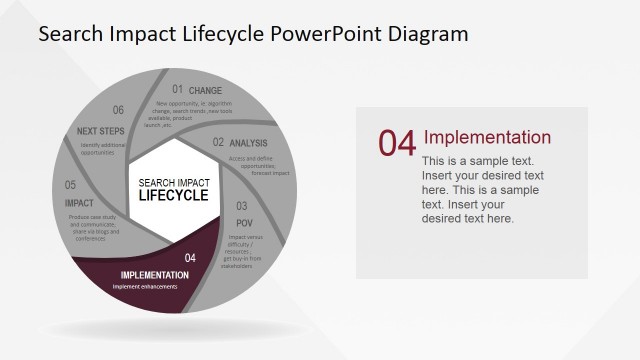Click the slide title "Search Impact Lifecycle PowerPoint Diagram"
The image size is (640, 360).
pos(252,34)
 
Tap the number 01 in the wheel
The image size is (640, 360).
pos(177,90)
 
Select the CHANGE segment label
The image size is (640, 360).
pos(206,91)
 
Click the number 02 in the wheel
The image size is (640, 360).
pos(218,143)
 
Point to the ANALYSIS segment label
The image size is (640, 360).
pos(248,144)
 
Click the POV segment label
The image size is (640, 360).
pos(243,222)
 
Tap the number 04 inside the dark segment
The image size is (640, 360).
pos(190,258)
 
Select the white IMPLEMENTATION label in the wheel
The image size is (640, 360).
pos(154,275)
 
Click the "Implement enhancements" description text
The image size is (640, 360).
pos(145,287)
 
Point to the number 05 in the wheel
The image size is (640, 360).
pos(71,185)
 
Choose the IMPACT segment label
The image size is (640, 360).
pos(78,203)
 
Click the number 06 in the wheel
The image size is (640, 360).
pos(118,111)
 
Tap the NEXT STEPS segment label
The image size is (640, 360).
pos(100,131)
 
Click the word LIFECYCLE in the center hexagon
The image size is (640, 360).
pos(174,195)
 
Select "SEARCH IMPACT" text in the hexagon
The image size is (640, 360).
pos(174,182)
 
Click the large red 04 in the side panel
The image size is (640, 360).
pos(396,144)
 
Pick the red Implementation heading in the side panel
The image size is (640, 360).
pos(487,138)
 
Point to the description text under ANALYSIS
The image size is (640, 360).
pos(258,166)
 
